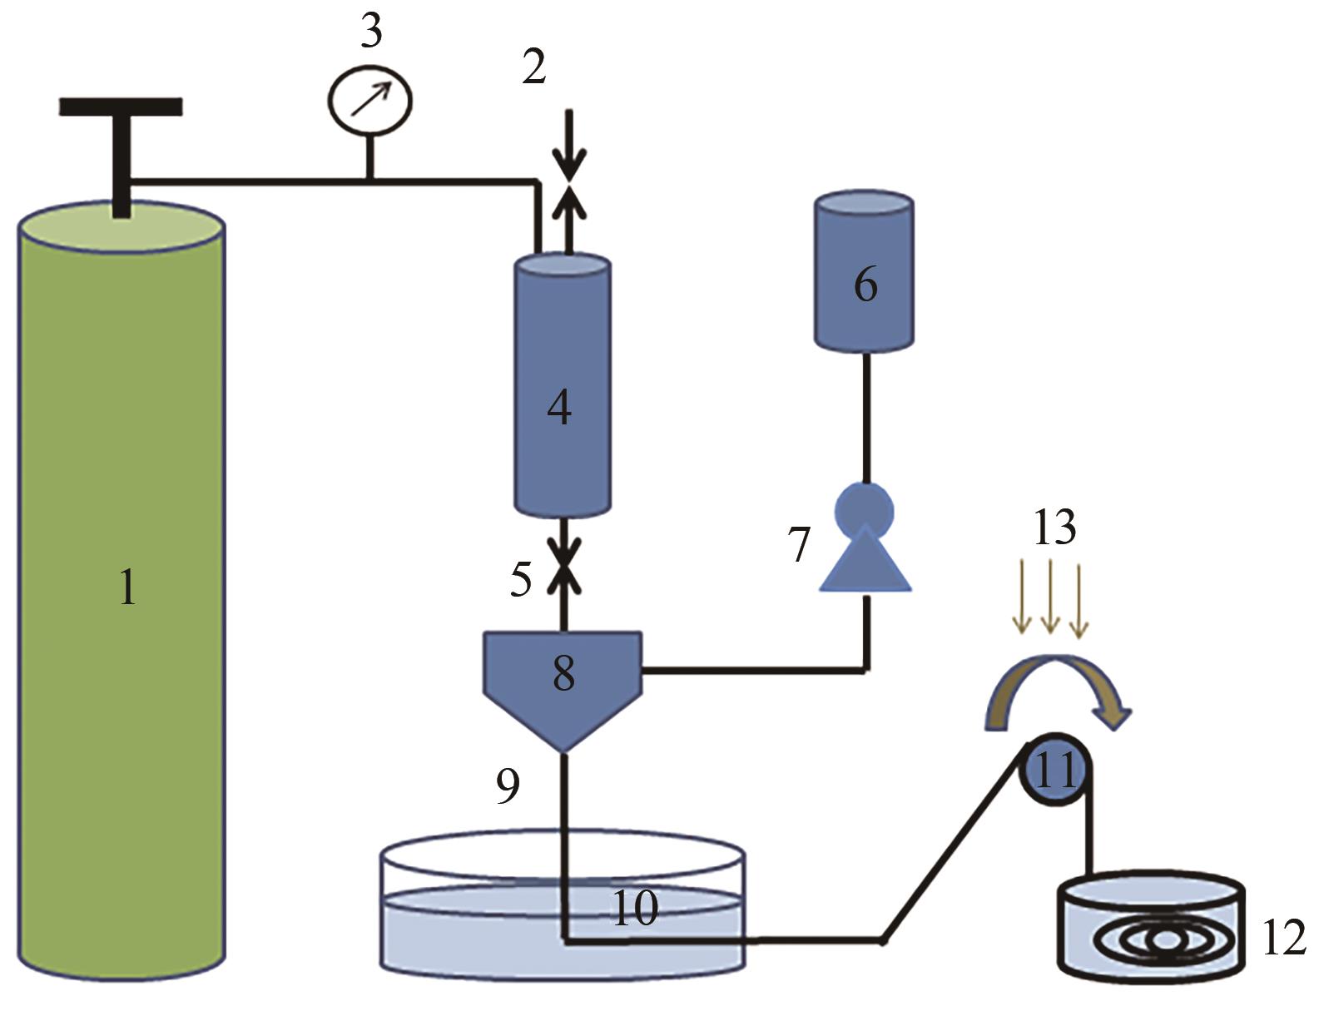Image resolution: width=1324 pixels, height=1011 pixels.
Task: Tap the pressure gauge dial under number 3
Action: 369,100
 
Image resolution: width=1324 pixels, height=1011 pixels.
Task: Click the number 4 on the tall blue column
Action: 559,408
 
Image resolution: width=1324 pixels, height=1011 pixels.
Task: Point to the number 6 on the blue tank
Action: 865,284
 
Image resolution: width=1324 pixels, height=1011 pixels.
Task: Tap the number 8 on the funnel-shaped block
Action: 563,673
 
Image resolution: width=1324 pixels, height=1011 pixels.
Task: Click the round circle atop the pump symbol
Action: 864,510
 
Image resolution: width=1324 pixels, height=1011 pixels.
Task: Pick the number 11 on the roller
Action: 1055,770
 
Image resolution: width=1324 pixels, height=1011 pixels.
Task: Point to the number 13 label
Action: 1055,528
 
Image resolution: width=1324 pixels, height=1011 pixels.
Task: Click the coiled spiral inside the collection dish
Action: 1166,941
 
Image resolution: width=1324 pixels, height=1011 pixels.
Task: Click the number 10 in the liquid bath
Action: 635,907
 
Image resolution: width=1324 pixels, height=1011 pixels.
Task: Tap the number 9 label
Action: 508,786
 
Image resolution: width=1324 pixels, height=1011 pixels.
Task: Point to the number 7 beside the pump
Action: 799,544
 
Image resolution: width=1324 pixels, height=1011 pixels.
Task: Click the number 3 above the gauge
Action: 371,30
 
